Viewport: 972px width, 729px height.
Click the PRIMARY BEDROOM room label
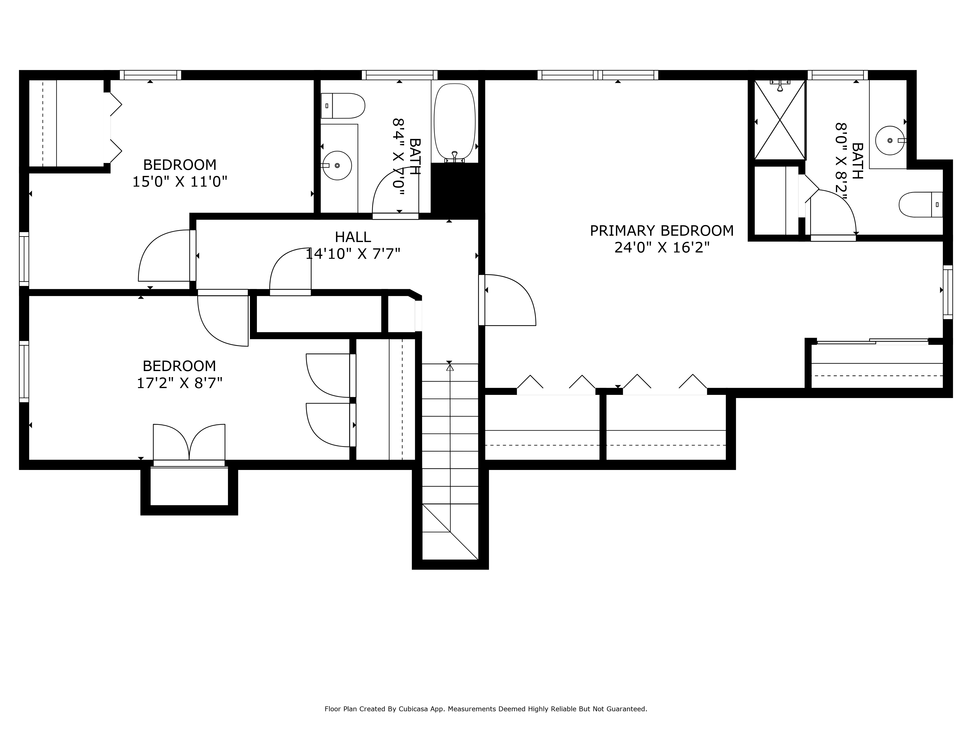[661, 231]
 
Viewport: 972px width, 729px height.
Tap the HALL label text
[353, 237]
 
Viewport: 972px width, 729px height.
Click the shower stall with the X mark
[780, 120]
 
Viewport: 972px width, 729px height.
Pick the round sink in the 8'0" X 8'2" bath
[889, 141]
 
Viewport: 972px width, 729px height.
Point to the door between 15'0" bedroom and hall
[165, 257]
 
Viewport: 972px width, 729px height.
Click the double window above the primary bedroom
[598, 75]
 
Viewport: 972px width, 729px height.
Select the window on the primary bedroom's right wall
[948, 292]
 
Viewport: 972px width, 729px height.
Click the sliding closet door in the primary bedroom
[872, 341]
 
